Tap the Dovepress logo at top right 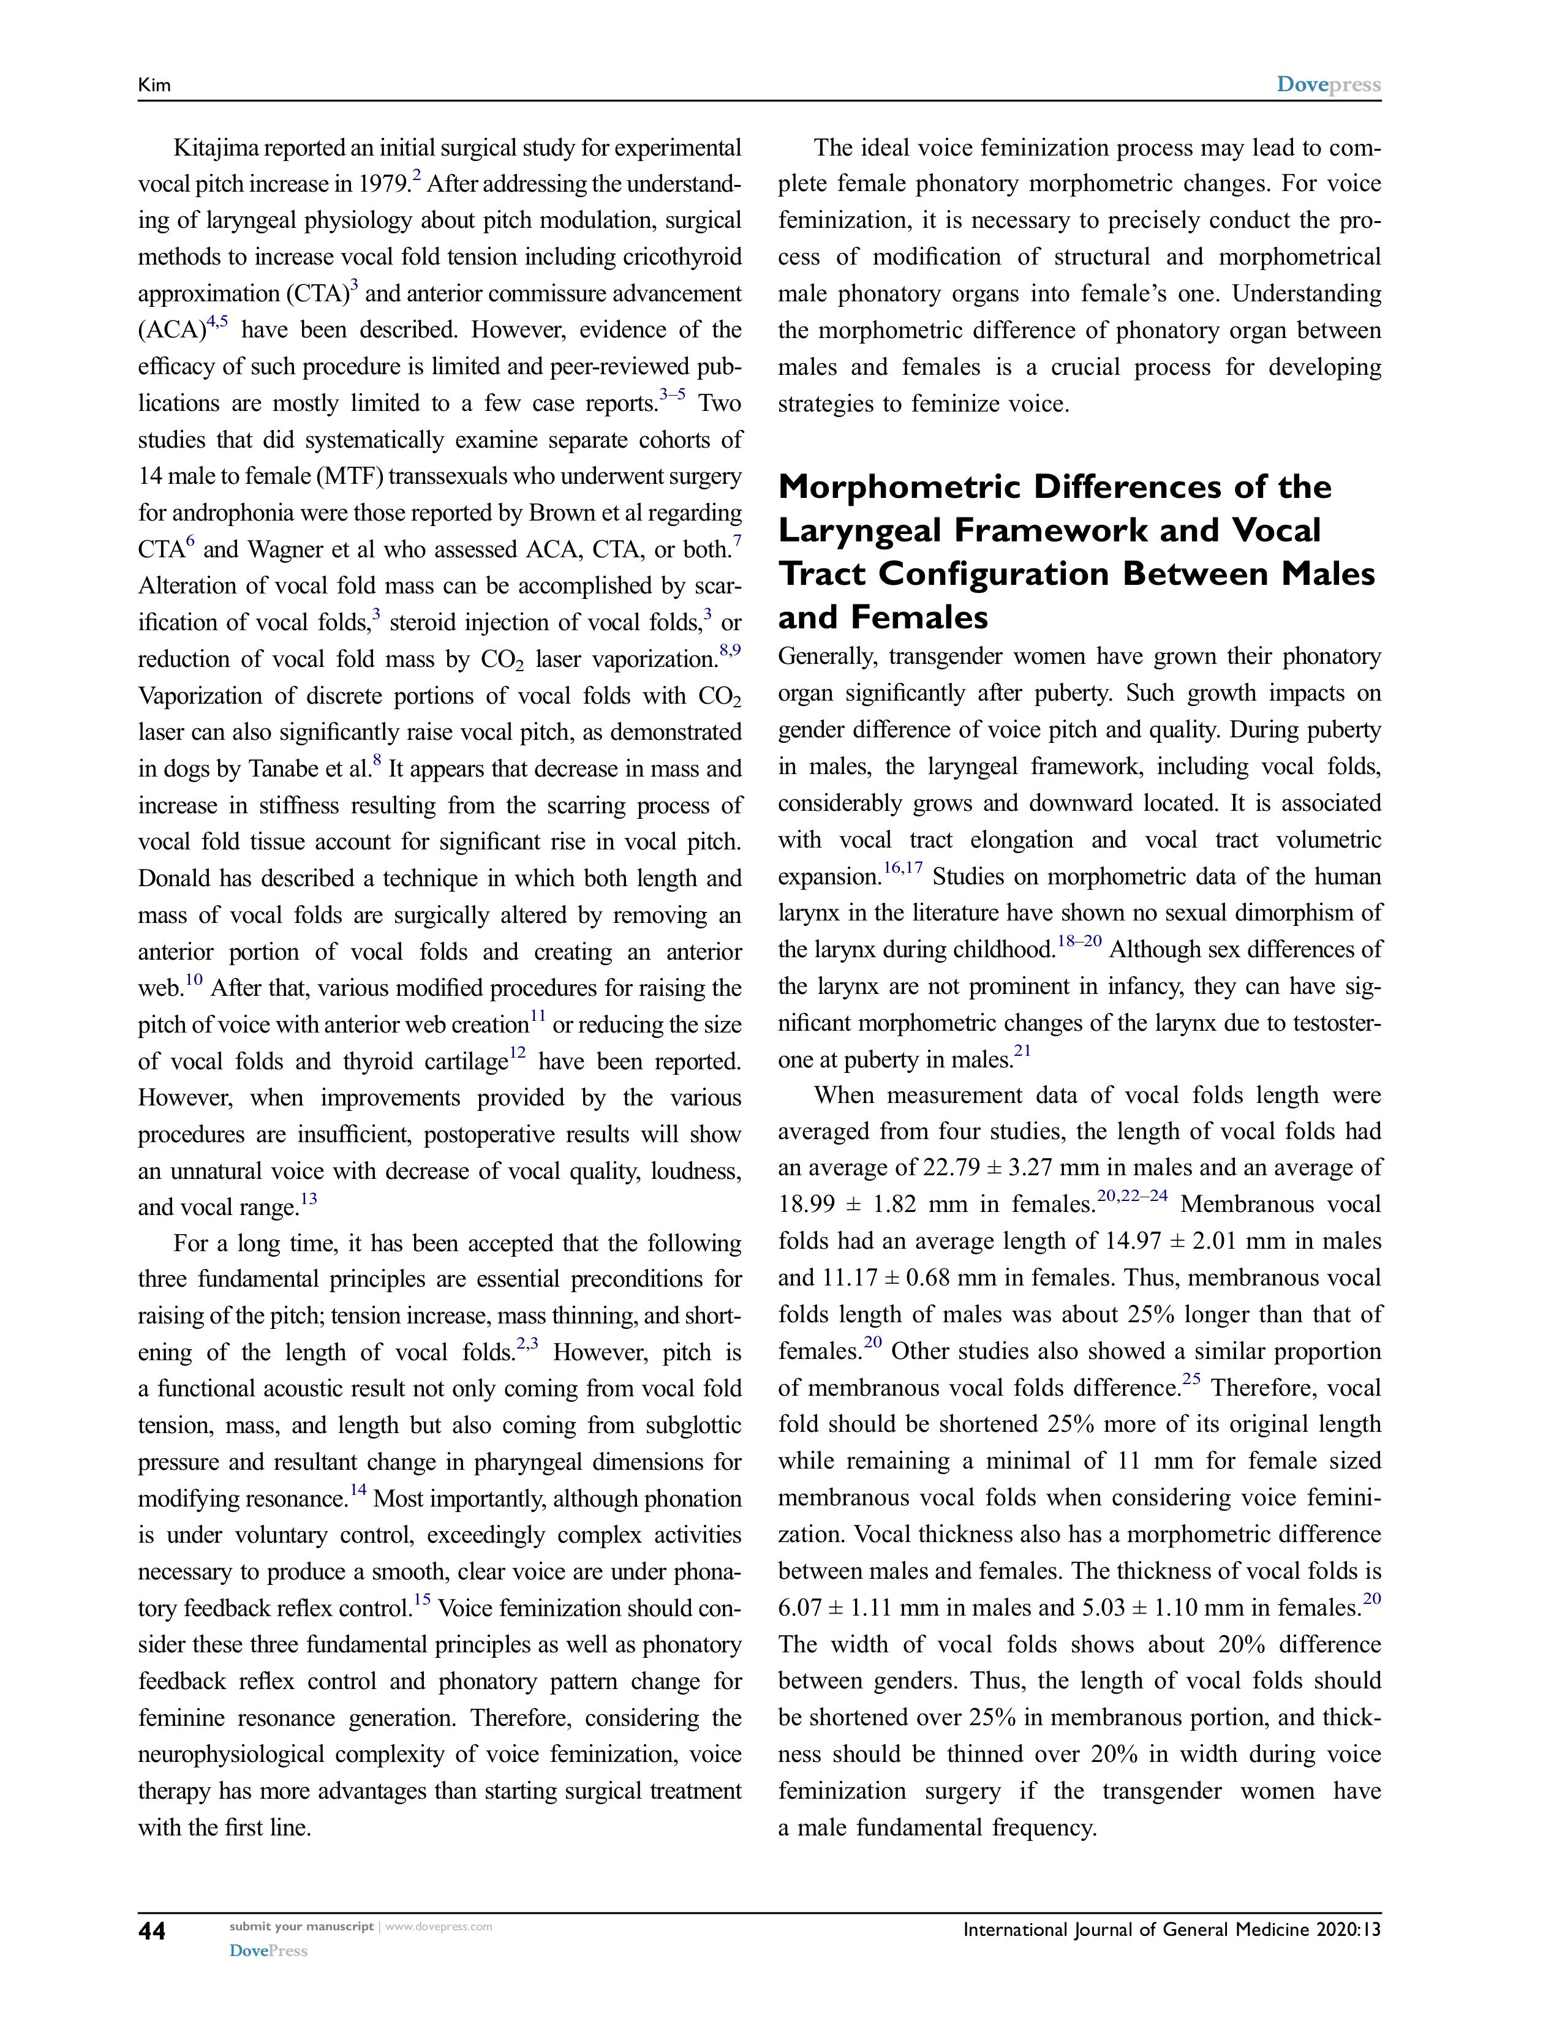(1328, 85)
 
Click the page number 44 (152, 1930)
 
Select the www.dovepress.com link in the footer (438, 1927)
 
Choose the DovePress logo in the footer (268, 1951)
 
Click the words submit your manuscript (301, 1927)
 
